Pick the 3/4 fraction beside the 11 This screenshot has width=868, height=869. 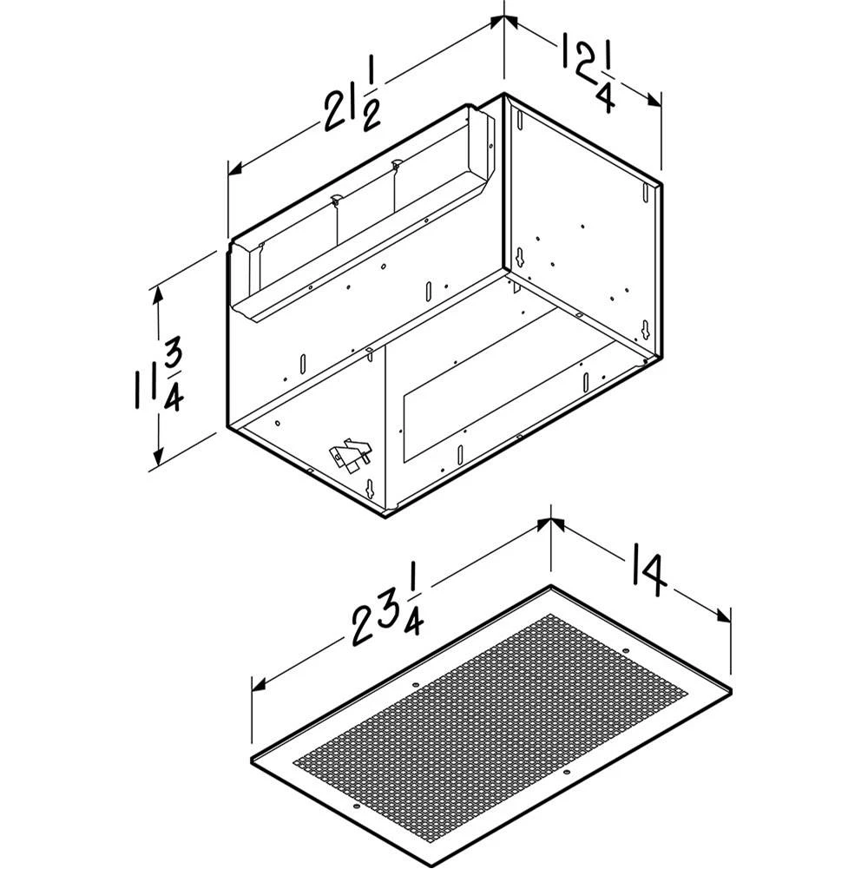(173, 377)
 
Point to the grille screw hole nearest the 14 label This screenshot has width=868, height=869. (625, 651)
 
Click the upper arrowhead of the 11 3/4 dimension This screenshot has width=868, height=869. (157, 293)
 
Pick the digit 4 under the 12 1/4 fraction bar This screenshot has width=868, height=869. (605, 98)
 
